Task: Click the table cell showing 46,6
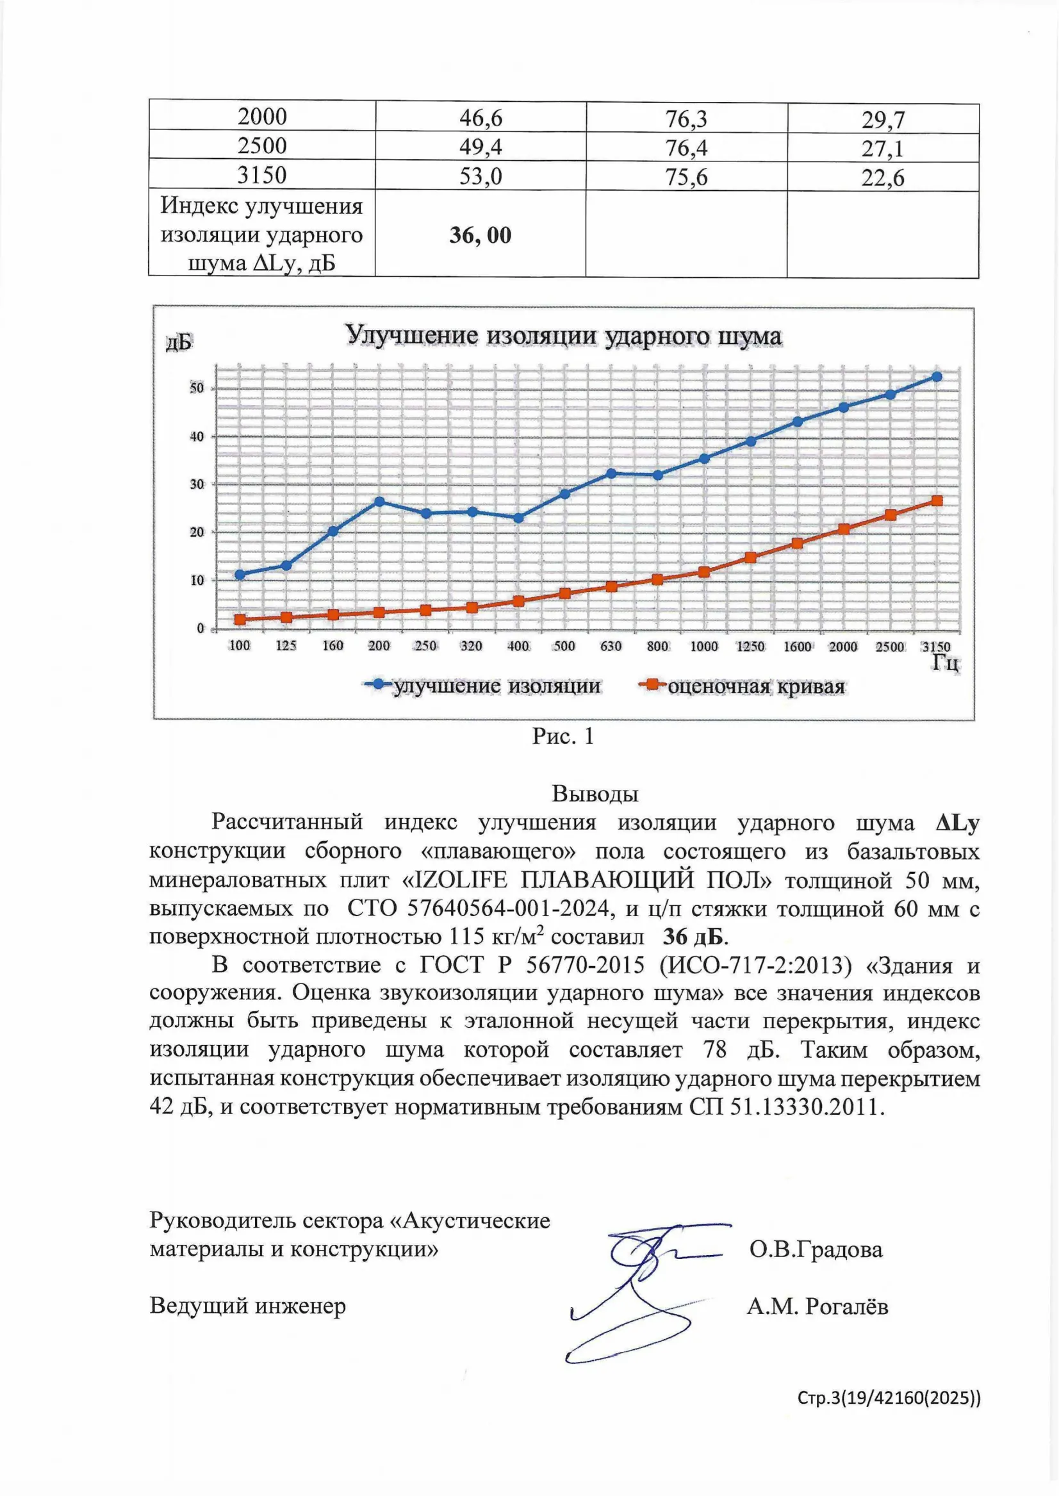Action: point(480,118)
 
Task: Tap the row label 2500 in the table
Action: point(261,145)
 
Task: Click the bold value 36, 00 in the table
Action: point(480,235)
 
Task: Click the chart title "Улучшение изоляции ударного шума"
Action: point(563,336)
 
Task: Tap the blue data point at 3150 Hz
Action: point(937,377)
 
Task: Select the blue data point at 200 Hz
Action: point(379,502)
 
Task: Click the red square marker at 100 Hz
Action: point(240,620)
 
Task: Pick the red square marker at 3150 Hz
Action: point(937,501)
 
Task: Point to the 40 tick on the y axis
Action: point(196,437)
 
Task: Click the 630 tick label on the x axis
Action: point(611,646)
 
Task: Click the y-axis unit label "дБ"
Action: point(178,342)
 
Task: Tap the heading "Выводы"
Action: point(595,794)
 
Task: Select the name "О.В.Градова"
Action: point(816,1249)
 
